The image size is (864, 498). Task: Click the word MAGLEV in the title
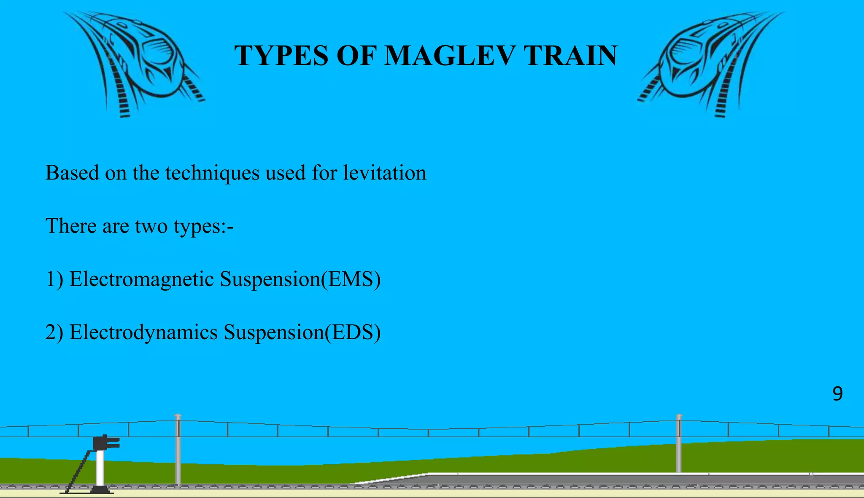[450, 56]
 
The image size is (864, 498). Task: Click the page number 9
[837, 394]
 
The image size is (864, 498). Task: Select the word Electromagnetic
[141, 279]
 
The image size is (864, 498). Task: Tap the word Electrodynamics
[143, 332]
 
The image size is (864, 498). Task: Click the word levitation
[384, 173]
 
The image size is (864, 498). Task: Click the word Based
[72, 173]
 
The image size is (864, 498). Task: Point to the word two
[151, 226]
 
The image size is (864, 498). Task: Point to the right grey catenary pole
[679, 444]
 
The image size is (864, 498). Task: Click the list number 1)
[54, 279]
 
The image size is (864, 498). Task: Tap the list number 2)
[54, 332]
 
